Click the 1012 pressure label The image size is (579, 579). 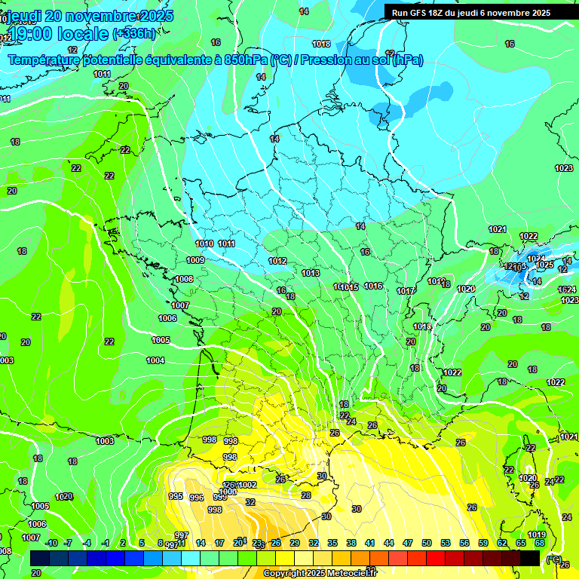(277, 261)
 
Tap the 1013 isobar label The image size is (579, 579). (311, 273)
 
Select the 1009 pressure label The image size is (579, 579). (195, 260)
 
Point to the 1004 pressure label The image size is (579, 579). (155, 360)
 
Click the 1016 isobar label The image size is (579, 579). (373, 286)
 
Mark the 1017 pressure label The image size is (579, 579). (406, 291)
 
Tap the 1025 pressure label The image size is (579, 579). (544, 265)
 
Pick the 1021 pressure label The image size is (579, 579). (497, 229)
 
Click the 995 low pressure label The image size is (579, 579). (176, 496)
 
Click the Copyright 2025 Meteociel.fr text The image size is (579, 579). (320, 573)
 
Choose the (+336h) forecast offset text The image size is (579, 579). (135, 33)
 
